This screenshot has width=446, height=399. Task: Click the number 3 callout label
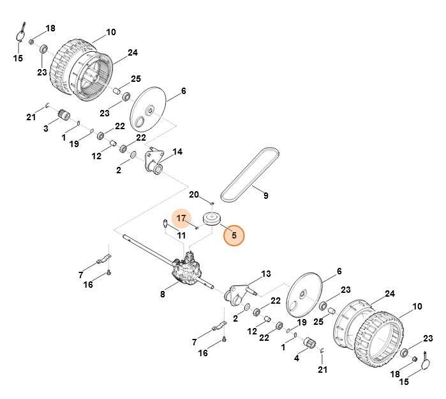coord(46,129)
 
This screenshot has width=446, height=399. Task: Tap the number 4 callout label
coord(296,358)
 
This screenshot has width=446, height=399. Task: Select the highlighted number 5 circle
coord(234,235)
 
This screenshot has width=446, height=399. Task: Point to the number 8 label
coord(163,294)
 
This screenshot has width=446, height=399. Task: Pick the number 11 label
coord(182,235)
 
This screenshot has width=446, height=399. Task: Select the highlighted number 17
coord(181,218)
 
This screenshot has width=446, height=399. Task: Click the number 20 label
coord(195,194)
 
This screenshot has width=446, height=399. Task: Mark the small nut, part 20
coord(212,203)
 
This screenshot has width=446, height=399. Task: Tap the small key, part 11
coord(165,224)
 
